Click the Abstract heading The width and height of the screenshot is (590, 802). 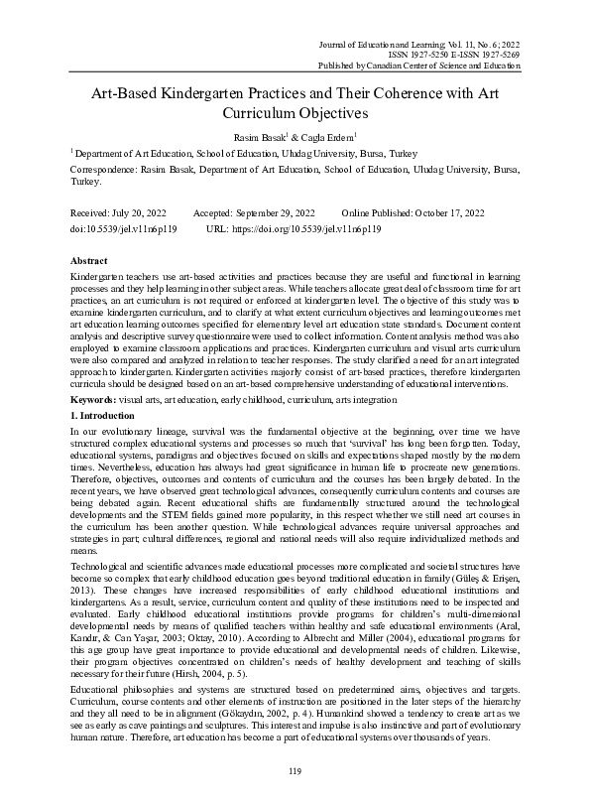pyautogui.click(x=90, y=258)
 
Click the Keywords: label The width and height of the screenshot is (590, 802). pyautogui.click(x=98, y=397)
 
